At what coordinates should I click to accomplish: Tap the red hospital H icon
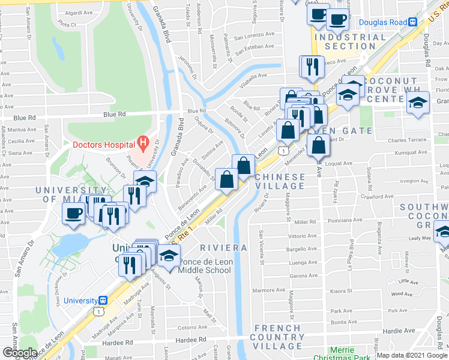(x=143, y=142)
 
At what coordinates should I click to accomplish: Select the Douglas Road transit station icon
(x=413, y=23)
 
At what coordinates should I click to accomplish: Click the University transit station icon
(x=103, y=301)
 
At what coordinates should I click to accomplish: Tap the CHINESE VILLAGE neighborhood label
(x=276, y=182)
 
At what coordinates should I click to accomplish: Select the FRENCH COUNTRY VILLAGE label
(x=277, y=337)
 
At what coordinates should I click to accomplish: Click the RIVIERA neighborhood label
(x=223, y=248)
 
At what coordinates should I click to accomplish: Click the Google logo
(x=20, y=352)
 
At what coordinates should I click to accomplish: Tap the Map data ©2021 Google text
(x=412, y=355)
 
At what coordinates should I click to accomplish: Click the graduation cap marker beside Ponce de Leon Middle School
(x=169, y=256)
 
